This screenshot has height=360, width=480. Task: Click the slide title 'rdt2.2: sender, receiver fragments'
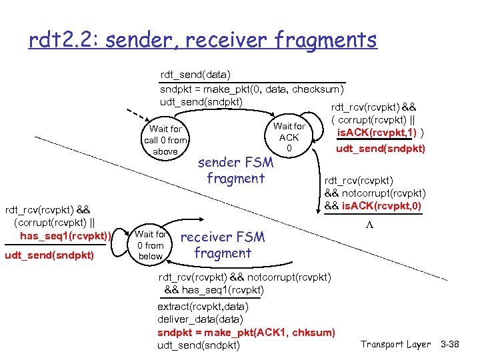coord(203,41)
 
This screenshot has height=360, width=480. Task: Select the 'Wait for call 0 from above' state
coord(165,140)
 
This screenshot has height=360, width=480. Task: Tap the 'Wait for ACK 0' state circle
coord(289,137)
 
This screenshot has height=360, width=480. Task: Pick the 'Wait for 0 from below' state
coord(151,245)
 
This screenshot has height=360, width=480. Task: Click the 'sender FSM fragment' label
coord(235,171)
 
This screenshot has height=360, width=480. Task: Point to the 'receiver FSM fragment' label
coord(222,245)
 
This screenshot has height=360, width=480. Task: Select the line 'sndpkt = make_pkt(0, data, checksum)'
coord(252,89)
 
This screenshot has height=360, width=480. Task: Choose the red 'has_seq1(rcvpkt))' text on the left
coord(65,235)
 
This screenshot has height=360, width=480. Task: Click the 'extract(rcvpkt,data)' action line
coord(203,307)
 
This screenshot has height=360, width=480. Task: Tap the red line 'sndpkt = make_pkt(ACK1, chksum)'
coord(246,332)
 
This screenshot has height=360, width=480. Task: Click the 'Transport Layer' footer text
coord(395,344)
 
